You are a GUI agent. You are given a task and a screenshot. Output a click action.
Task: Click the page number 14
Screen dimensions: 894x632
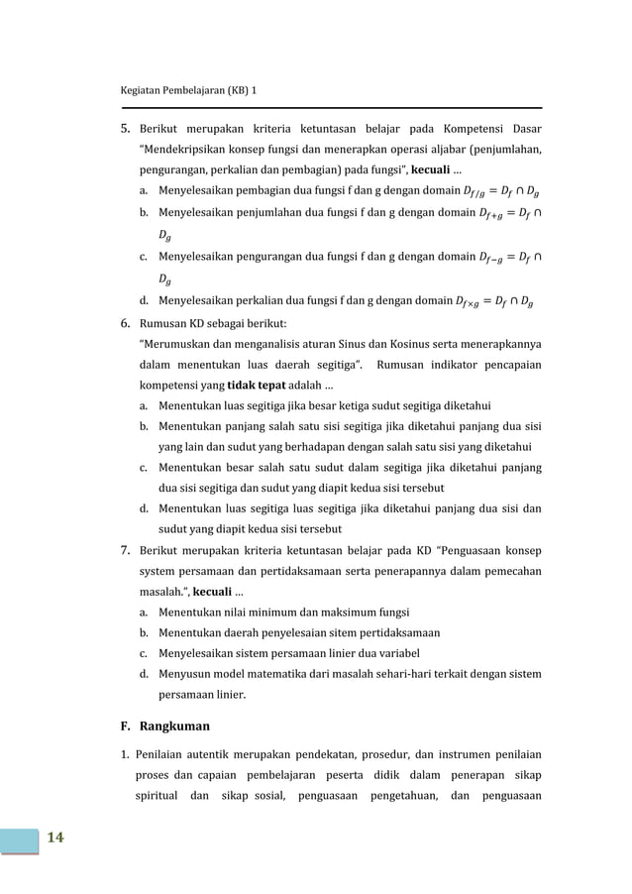53,838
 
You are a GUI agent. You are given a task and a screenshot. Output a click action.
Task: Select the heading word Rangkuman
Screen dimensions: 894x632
174,725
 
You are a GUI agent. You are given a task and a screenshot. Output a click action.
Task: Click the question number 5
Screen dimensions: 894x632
125,128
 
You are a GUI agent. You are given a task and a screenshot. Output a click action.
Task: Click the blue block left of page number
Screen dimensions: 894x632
19,838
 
